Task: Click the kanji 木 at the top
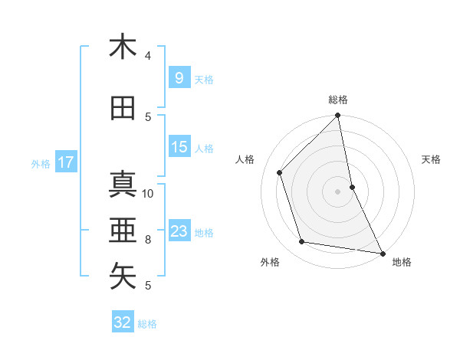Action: [x=123, y=47]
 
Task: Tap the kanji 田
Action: [x=123, y=109]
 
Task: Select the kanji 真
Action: [x=123, y=185]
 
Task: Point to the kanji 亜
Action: [x=123, y=229]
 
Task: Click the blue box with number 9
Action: [x=178, y=78]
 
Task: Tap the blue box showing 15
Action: [x=179, y=147]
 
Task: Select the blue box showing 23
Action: [x=179, y=231]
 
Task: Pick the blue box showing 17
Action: [x=65, y=162]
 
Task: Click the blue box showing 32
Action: [x=123, y=322]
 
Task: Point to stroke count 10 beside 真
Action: [x=149, y=193]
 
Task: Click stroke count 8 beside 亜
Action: [x=149, y=239]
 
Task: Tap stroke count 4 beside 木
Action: [x=148, y=56]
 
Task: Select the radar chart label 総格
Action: [x=338, y=100]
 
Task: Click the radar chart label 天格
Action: [x=432, y=159]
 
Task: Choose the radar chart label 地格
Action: [x=402, y=262]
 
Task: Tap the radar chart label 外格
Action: [x=270, y=262]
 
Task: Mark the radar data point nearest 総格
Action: [x=338, y=116]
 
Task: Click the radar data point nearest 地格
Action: [x=382, y=253]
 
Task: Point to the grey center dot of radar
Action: [x=338, y=191]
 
